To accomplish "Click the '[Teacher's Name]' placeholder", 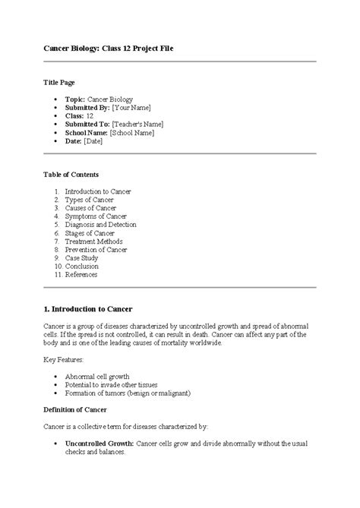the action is pyautogui.click(x=137, y=124).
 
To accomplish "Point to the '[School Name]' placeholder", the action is pyautogui.click(x=131, y=132).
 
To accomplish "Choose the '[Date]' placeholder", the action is pyautogui.click(x=93, y=140).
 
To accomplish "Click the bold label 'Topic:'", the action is pyautogui.click(x=75, y=99).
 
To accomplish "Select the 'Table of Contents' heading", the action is pyautogui.click(x=72, y=175).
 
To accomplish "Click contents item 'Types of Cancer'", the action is pyautogui.click(x=90, y=200).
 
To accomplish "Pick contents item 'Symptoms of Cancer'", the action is pyautogui.click(x=95, y=216).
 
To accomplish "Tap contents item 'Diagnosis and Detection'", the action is pyautogui.click(x=100, y=225).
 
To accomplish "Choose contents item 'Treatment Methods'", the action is pyautogui.click(x=93, y=241).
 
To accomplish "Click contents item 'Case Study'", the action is pyautogui.click(x=81, y=258).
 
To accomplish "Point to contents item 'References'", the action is pyautogui.click(x=81, y=275).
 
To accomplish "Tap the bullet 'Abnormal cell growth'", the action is pyautogui.click(x=97, y=376).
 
